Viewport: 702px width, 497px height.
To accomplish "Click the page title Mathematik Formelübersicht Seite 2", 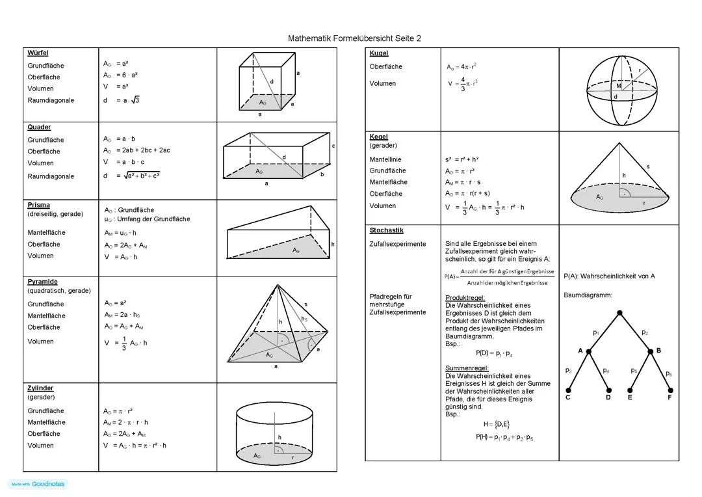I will point(354,38).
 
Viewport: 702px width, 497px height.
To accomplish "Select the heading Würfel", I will point(38,53).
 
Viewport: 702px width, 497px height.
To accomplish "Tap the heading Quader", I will point(39,128).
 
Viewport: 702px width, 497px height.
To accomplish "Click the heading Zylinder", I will point(40,388).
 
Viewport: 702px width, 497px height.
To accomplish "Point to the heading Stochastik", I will point(386,230).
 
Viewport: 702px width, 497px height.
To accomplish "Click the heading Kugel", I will point(378,53).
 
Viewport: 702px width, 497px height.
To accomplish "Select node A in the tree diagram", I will point(589,351).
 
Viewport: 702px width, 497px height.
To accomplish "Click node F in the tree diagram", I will point(669,391).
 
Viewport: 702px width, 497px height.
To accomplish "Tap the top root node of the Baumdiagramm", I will point(620,313).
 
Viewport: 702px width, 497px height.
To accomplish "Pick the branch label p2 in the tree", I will point(645,332).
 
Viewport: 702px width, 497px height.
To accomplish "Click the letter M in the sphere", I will point(619,86).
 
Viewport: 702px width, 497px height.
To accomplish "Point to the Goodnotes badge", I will point(38,484).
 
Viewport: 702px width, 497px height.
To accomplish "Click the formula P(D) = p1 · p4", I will point(494,353).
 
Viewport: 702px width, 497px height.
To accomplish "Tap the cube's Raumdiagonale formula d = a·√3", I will point(122,100).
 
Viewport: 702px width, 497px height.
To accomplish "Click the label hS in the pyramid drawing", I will point(304,319).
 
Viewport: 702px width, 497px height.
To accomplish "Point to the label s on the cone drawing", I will point(647,167).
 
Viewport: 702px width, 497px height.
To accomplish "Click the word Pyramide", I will point(42,282).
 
